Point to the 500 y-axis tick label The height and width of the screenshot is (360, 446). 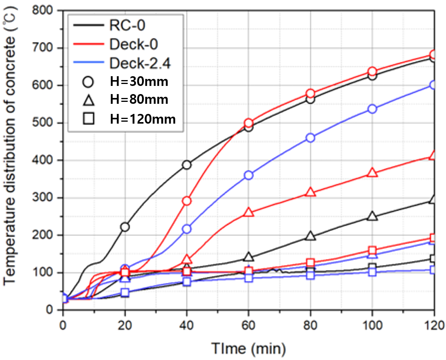pyautogui.click(x=46, y=123)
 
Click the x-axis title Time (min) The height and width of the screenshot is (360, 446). pyautogui.click(x=248, y=345)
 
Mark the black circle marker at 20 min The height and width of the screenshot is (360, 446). pyautogui.click(x=125, y=227)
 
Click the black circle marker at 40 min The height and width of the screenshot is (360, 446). pyautogui.click(x=187, y=165)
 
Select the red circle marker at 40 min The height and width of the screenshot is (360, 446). pyautogui.click(x=187, y=201)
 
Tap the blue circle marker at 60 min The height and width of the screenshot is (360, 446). pyautogui.click(x=248, y=175)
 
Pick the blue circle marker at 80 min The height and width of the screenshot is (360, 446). pyautogui.click(x=310, y=138)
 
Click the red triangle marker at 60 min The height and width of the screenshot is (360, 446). pyautogui.click(x=248, y=213)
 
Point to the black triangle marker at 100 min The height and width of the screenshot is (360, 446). pyautogui.click(x=372, y=217)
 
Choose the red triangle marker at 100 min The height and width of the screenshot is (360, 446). pyautogui.click(x=372, y=173)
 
